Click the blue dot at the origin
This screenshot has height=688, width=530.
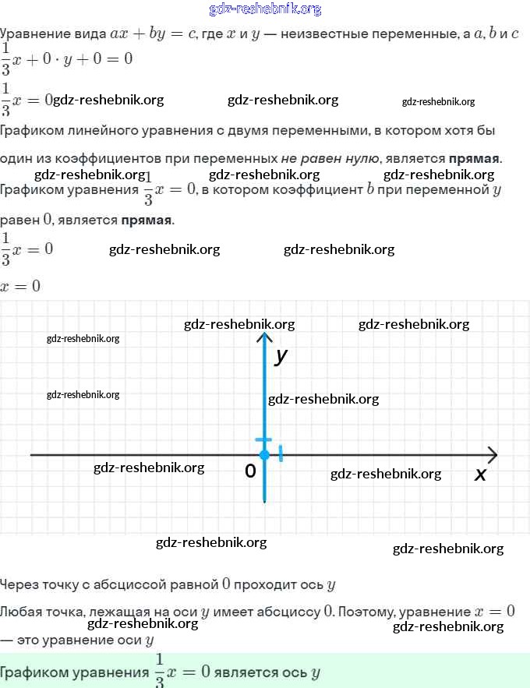pos(264,454)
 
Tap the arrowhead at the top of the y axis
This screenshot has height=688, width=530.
pos(265,337)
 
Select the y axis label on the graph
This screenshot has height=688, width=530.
pos(281,356)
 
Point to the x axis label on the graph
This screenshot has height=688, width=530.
pos(480,474)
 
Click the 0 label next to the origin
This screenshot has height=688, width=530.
pos(250,471)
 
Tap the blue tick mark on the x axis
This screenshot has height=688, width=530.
pos(281,453)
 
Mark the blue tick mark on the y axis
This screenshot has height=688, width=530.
pos(264,440)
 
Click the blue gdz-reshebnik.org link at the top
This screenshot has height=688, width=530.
pos(265,9)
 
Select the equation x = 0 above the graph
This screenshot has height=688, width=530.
pos(20,287)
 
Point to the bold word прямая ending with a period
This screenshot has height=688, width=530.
pos(475,159)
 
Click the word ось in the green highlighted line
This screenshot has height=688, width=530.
pos(293,672)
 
